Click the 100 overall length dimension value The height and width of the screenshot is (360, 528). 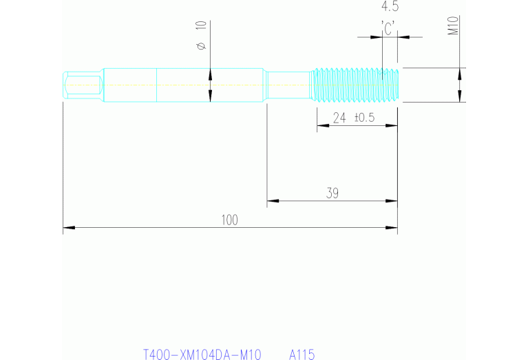[229, 220]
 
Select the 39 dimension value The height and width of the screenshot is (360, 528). [332, 193]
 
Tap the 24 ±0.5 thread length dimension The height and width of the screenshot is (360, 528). [353, 118]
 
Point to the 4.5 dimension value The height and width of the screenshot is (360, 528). [390, 8]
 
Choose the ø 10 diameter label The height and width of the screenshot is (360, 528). [201, 36]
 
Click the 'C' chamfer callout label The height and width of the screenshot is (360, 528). [389, 28]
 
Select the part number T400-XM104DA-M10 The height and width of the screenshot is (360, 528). [202, 354]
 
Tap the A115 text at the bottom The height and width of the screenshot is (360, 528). [302, 354]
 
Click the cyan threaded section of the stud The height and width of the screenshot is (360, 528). [355, 85]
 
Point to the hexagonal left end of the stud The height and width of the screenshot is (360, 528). [83, 85]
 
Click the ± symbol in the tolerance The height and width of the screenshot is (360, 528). [358, 118]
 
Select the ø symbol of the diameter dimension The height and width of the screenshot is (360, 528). [201, 46]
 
